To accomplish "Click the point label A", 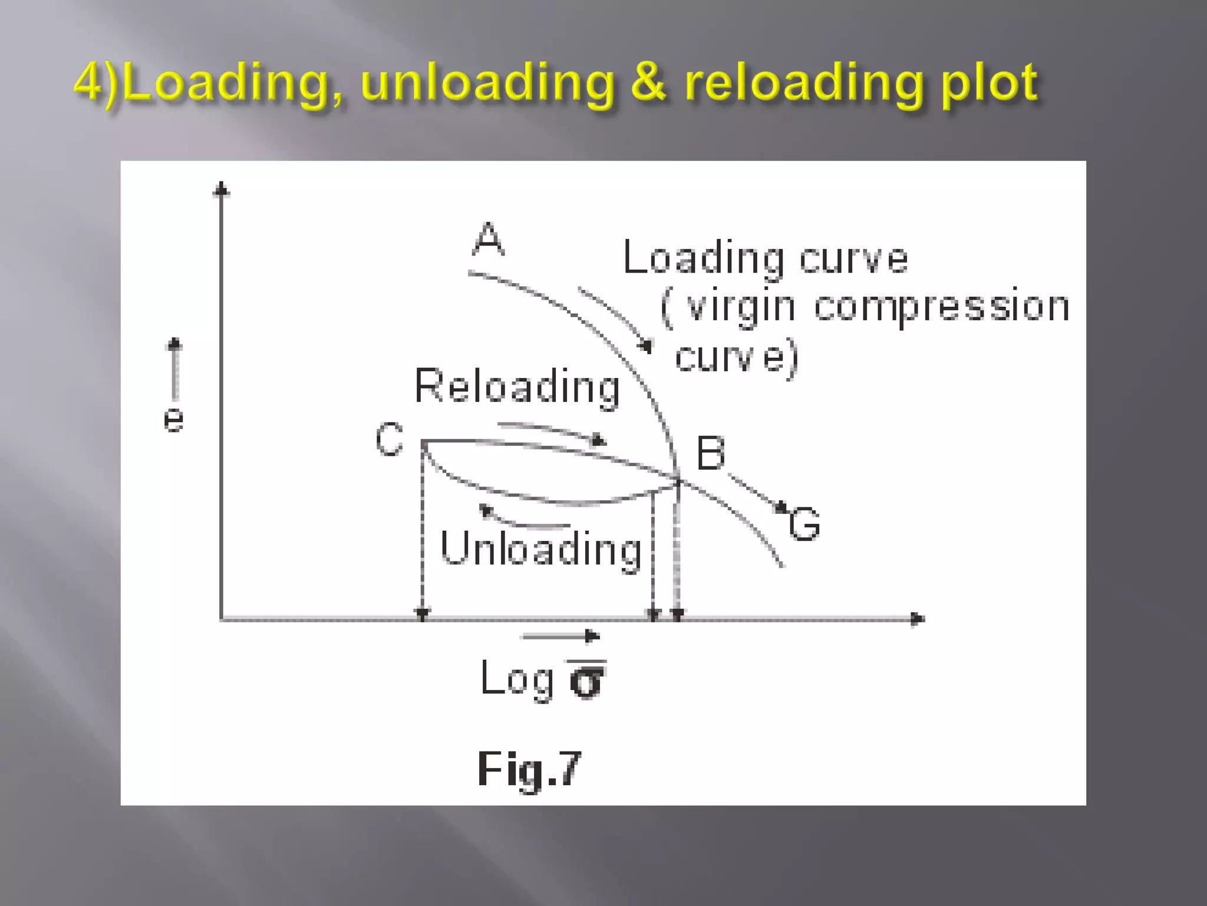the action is coord(489,239).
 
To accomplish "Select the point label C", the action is coord(390,439).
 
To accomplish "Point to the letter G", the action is coord(804,524).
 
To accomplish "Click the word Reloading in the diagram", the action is coord(517,387).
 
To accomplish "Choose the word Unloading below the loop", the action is coord(540,549).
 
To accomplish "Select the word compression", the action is coord(941,307).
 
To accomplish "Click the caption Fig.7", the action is coord(529,769).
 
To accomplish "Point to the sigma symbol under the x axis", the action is coord(586,681).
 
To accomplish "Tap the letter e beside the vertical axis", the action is coord(173,419).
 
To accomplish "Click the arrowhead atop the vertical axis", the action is coord(222,189).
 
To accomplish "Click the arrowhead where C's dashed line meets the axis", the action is coord(422,613).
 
